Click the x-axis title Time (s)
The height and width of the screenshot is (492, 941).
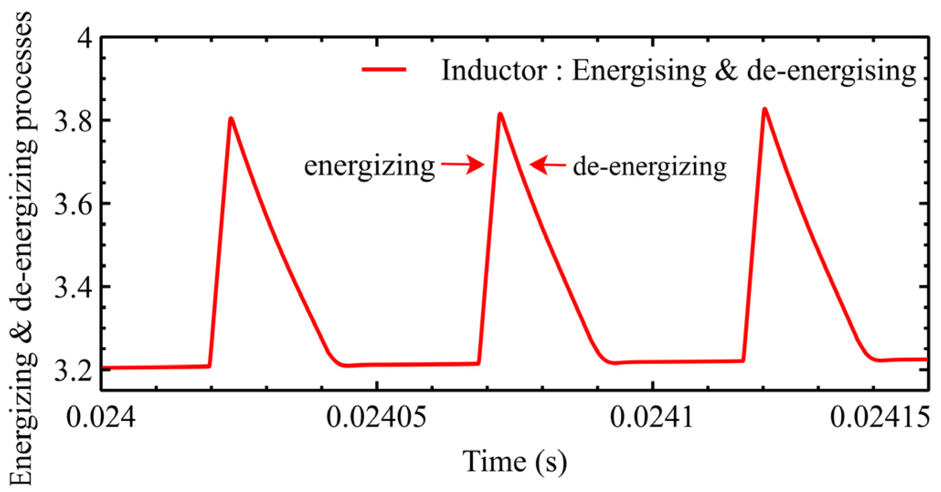515,461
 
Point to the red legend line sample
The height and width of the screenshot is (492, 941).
384,69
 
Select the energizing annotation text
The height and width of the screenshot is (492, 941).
369,166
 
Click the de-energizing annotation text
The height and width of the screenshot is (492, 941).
650,166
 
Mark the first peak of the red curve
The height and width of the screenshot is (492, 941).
231,119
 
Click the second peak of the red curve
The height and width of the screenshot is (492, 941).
500,114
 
